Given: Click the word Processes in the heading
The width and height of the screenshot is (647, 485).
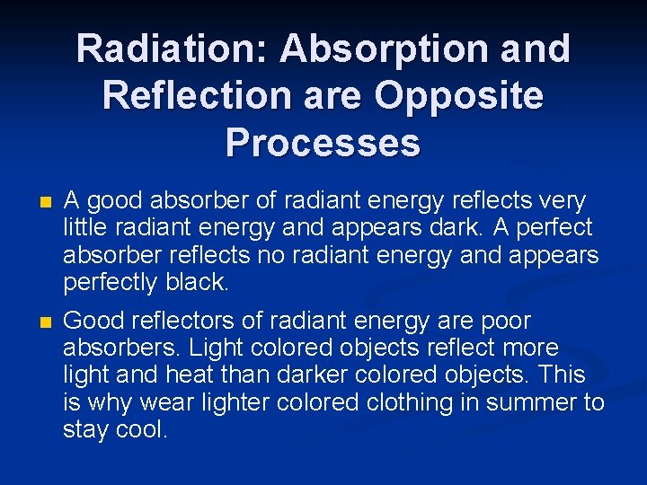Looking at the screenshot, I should (x=323, y=142).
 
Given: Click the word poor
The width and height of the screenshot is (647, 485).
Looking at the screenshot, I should (x=505, y=321).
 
